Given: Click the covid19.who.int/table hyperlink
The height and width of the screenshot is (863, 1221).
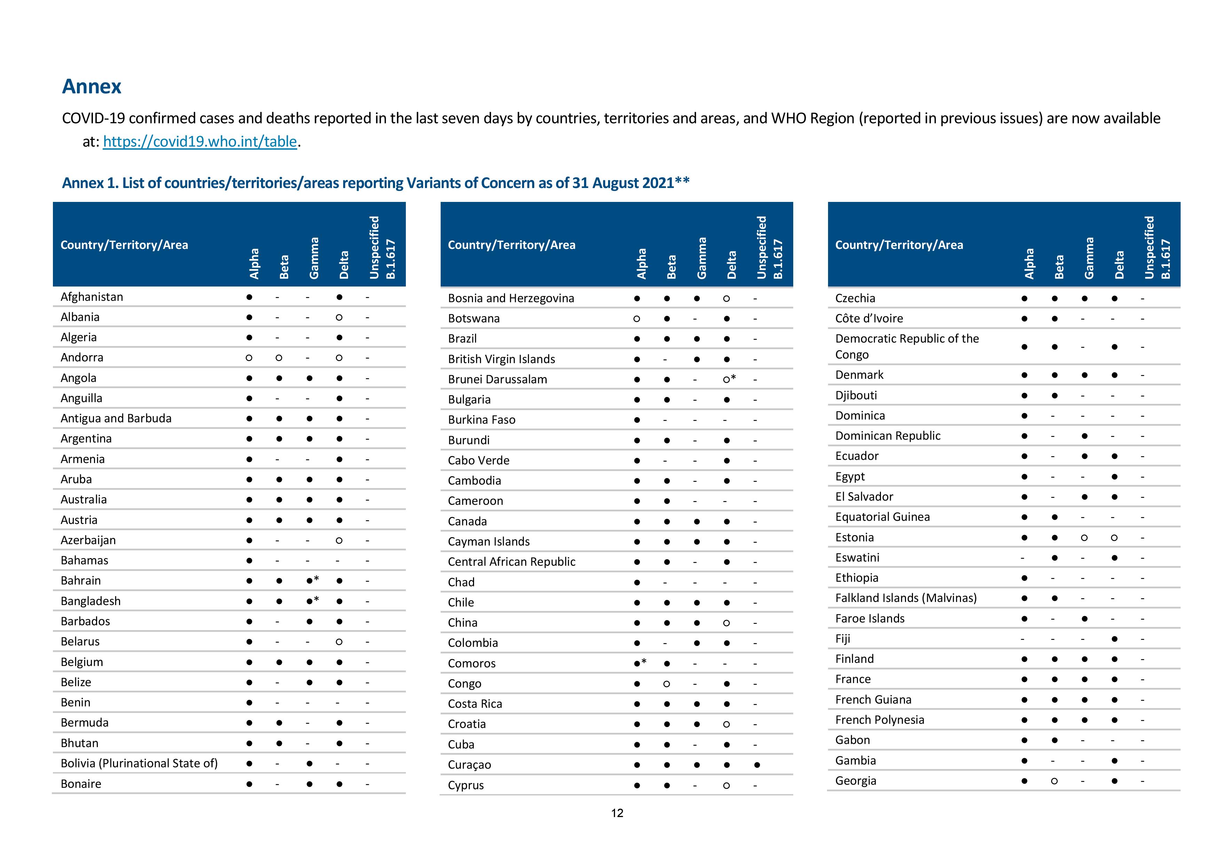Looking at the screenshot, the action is [200, 141].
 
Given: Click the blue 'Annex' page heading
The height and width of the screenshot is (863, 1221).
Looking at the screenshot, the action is [92, 87].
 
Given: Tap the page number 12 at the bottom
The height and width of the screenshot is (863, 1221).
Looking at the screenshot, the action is [617, 813].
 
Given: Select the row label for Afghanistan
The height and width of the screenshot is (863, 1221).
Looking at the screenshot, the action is [92, 297].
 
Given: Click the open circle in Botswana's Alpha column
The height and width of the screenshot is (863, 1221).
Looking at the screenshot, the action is [637, 319].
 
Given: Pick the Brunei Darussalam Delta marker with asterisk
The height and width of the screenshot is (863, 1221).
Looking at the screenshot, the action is [729, 379].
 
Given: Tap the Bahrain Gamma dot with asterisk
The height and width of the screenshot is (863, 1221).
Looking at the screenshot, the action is [313, 580].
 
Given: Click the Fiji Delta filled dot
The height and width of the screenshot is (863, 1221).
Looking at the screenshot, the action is [1114, 638].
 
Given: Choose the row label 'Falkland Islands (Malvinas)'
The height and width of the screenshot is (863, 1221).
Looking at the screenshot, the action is [906, 598].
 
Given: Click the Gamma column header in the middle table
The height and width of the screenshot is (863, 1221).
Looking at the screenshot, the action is [701, 258].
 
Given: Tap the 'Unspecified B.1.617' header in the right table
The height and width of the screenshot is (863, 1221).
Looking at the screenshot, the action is [1157, 247].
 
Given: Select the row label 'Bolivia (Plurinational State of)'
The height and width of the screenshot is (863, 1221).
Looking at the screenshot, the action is [139, 763].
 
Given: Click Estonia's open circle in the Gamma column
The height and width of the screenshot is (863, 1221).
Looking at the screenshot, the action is [1084, 538].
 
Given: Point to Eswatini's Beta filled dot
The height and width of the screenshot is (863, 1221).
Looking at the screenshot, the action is [1054, 558].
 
